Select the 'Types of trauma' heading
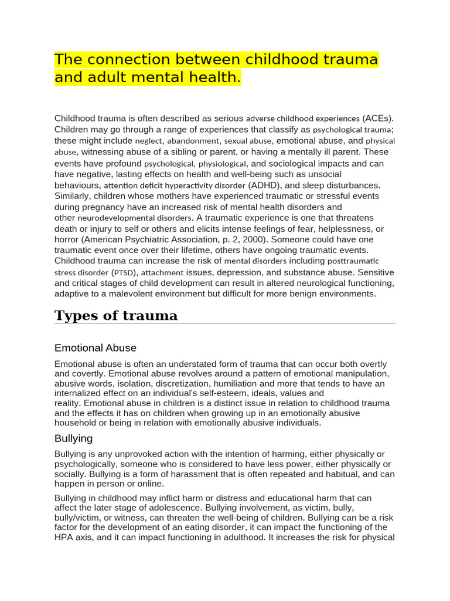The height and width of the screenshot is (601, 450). click(x=115, y=316)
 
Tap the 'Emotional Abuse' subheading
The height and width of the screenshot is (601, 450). click(x=95, y=348)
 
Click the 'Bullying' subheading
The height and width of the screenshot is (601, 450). click(x=73, y=438)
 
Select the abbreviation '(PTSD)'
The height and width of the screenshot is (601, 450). click(x=123, y=272)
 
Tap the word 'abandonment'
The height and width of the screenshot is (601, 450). click(x=193, y=141)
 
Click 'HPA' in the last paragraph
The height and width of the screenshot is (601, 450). click(x=64, y=537)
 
